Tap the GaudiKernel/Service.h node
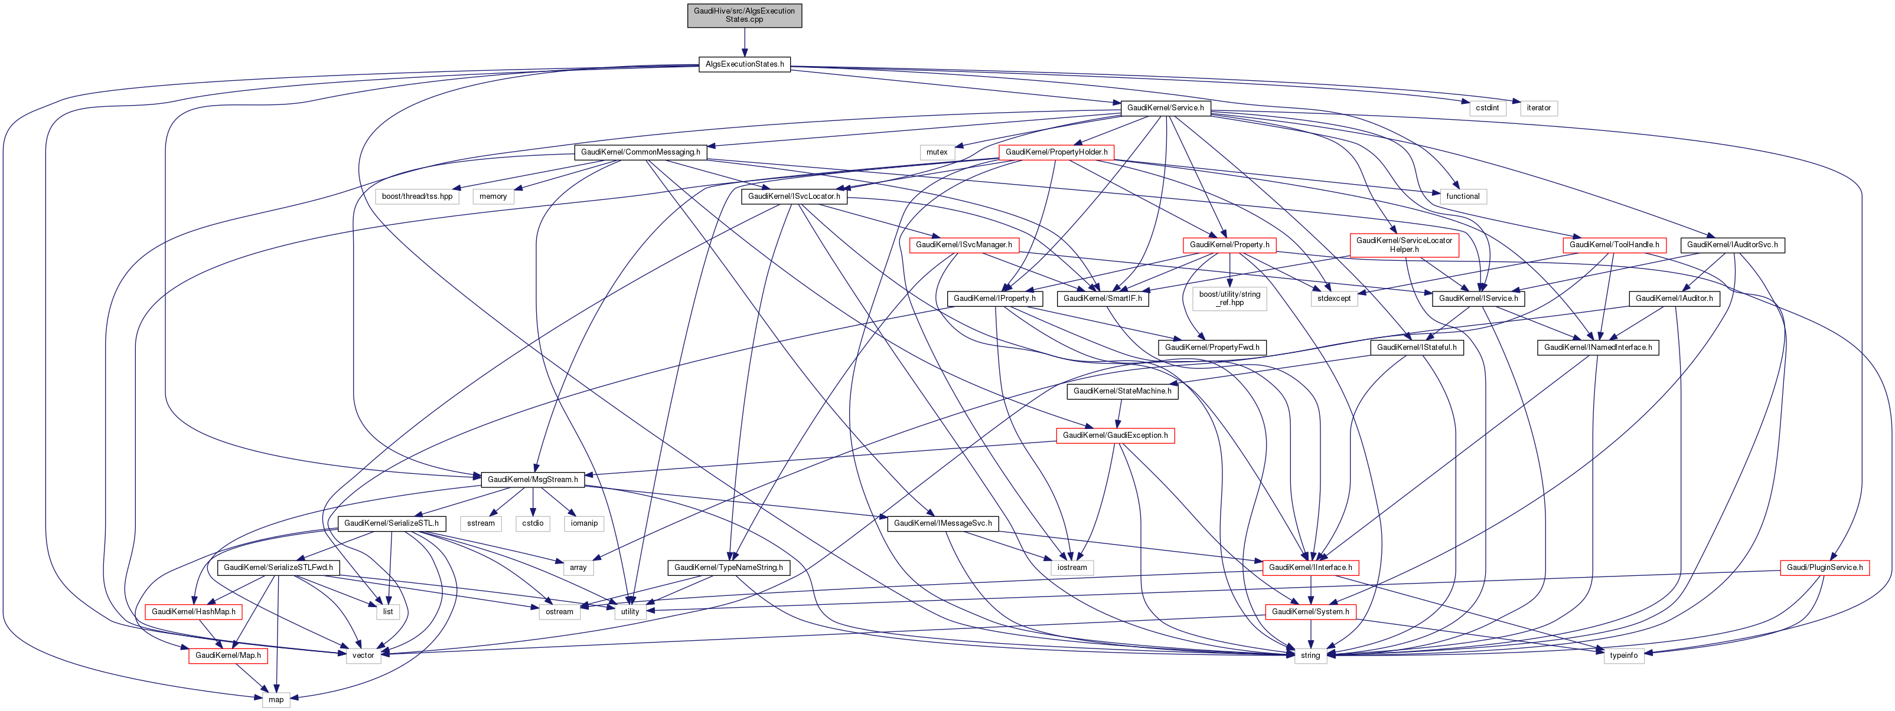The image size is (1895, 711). coord(1165,108)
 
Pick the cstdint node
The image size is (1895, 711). coord(1487,108)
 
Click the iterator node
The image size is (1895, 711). coord(1538,108)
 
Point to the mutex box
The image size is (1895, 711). coord(937,152)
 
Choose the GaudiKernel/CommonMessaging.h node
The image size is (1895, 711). coord(640,152)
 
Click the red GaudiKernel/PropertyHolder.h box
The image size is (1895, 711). coord(1056,152)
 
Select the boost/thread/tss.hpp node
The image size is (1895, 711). coord(417,196)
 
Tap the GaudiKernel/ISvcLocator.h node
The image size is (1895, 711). coord(794,196)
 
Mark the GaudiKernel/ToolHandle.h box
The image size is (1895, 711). coord(1614,245)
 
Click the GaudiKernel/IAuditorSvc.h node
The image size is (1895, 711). coord(1731,245)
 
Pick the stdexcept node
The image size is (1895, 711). coord(1334,299)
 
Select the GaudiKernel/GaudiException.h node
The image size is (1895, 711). coord(1116,435)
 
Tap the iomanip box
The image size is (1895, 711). coord(584,523)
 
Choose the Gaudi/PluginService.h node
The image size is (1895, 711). coord(1824,568)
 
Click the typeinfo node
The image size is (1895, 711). coord(1623,655)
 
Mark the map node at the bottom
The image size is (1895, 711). coord(276,699)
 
